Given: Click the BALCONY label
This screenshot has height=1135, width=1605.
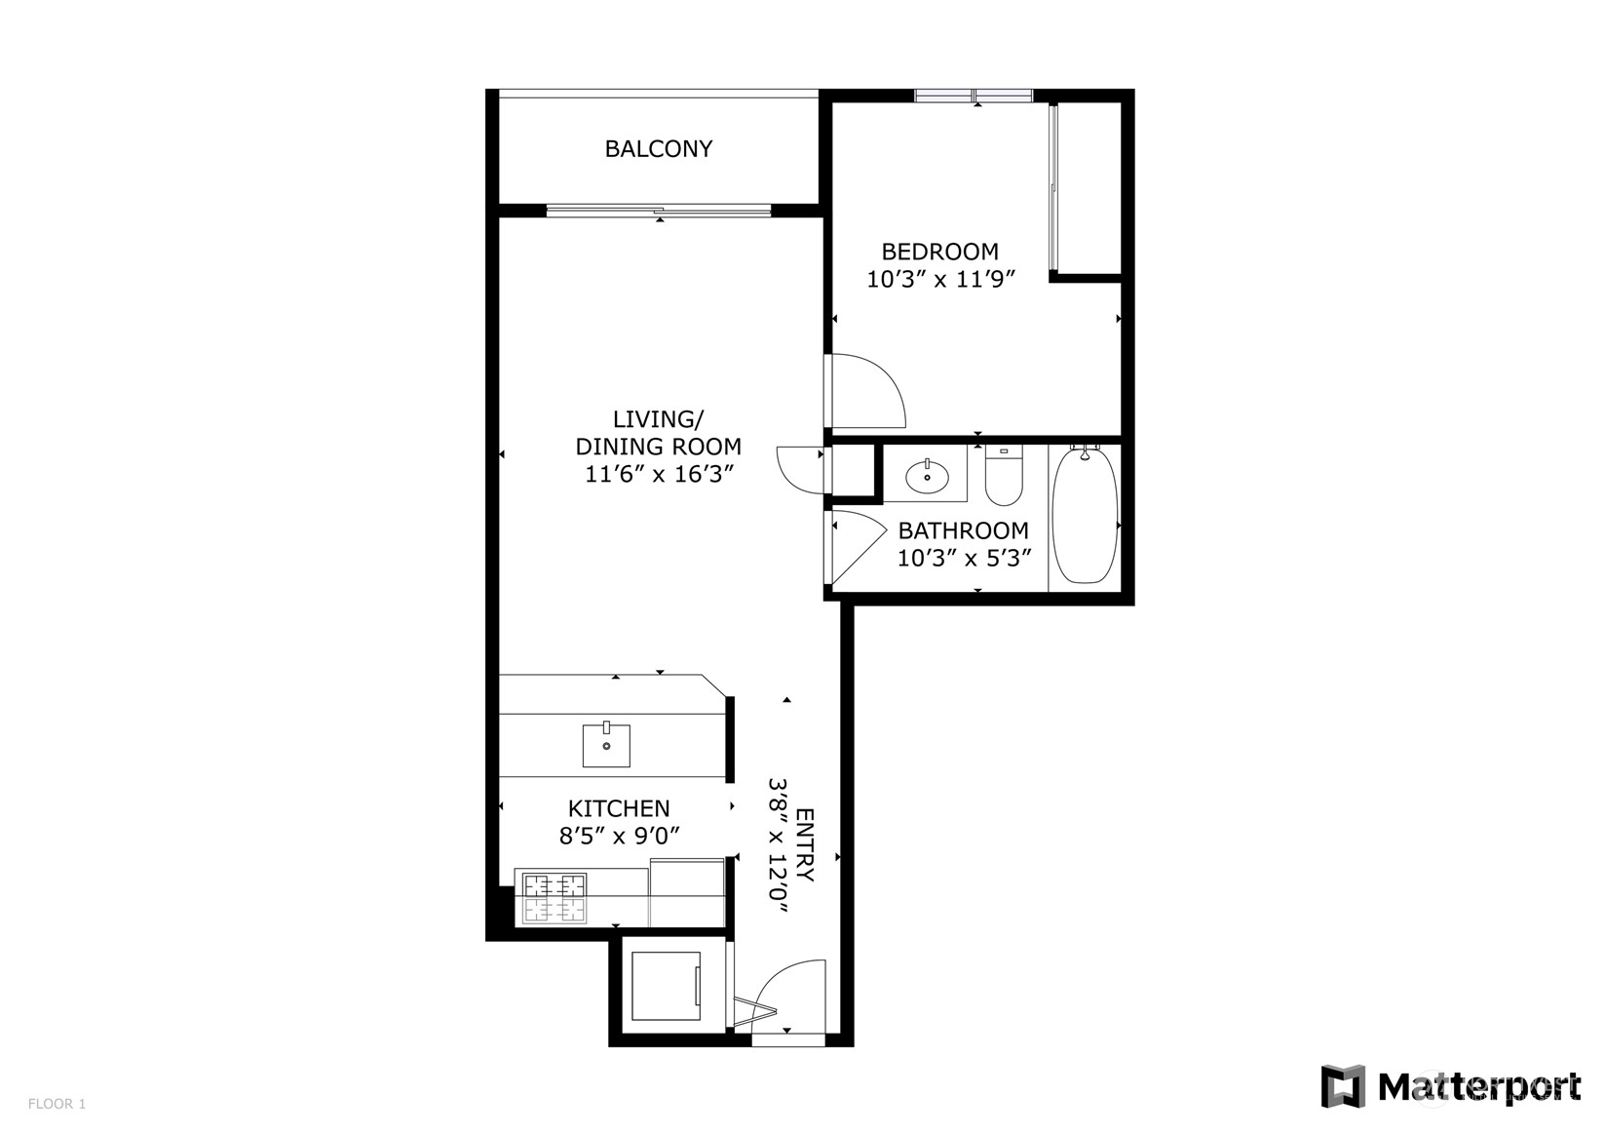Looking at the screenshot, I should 658,149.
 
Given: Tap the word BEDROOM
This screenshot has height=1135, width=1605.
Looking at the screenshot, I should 939,252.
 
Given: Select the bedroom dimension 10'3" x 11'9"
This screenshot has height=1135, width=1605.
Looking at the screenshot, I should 941,280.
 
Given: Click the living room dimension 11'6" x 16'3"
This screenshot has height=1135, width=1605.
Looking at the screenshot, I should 658,475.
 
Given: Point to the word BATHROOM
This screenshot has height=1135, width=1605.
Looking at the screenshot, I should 963,531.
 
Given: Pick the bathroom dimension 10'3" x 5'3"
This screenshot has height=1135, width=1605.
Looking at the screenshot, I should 964,559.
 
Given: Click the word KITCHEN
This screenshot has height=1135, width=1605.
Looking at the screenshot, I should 619,809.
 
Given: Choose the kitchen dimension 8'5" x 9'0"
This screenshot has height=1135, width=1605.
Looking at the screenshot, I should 619,837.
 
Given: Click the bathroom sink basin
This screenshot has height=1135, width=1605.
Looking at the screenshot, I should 926,477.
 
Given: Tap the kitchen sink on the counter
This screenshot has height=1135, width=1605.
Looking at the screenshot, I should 606,746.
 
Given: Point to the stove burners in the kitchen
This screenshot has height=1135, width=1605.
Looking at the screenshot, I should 555,898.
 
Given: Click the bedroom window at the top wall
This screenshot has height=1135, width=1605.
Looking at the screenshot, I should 974,96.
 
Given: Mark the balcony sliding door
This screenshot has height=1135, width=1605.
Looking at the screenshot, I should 659,211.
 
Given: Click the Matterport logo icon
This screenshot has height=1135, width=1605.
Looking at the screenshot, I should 1342,1086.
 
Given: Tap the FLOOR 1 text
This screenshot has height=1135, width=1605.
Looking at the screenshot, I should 57,1104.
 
